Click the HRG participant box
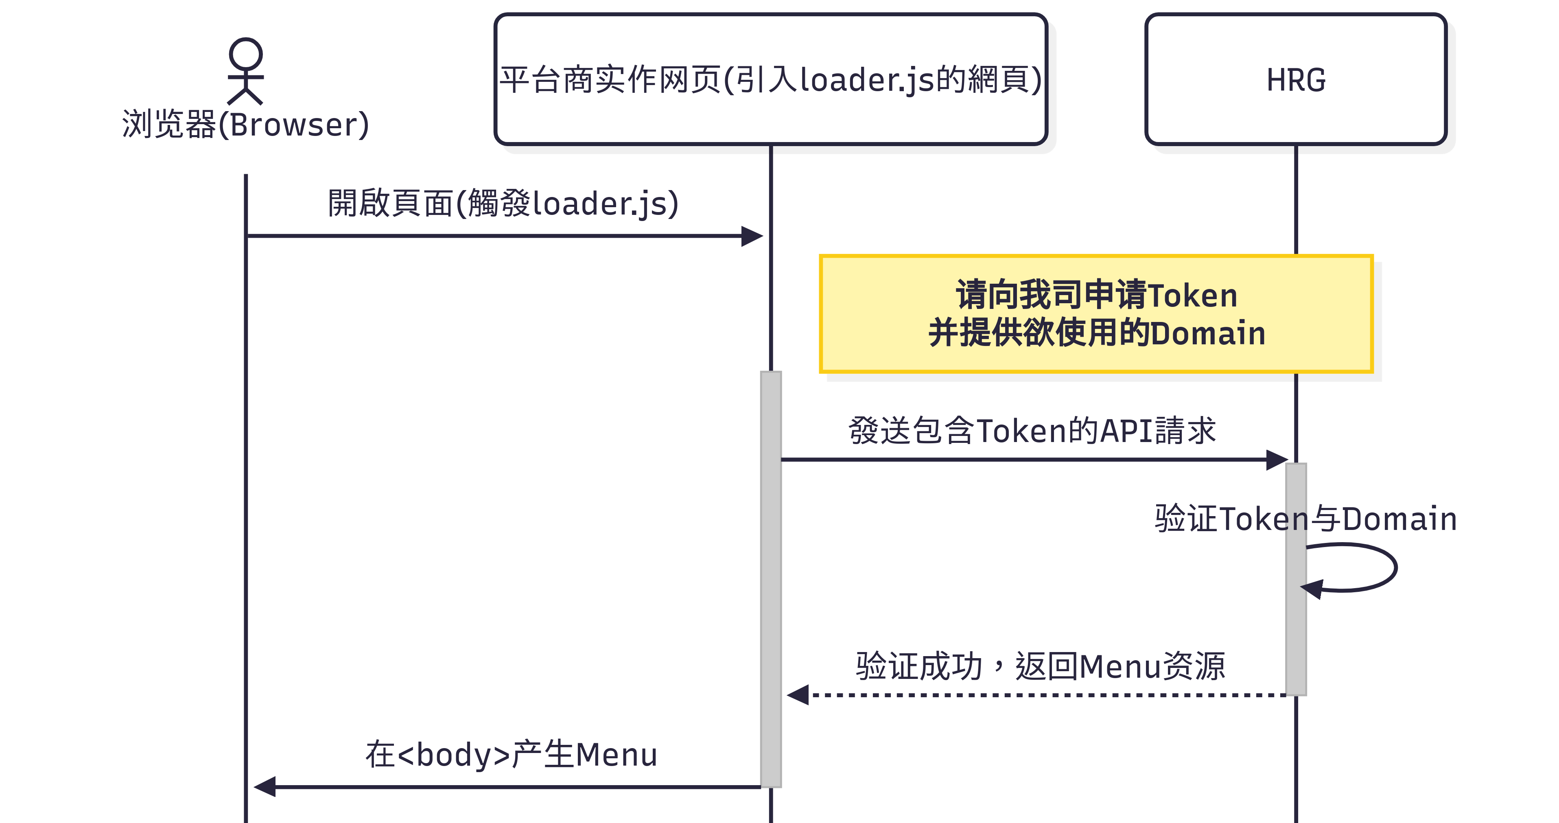tap(1295, 79)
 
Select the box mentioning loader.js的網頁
tap(770, 79)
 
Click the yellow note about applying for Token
tap(1095, 313)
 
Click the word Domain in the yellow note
tap(1208, 333)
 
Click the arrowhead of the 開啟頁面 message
tap(752, 236)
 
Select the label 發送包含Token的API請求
tap(1032, 430)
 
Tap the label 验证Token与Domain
tap(1305, 519)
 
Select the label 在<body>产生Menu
tap(512, 755)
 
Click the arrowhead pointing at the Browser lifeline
tap(265, 787)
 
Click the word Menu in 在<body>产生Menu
tap(616, 755)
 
